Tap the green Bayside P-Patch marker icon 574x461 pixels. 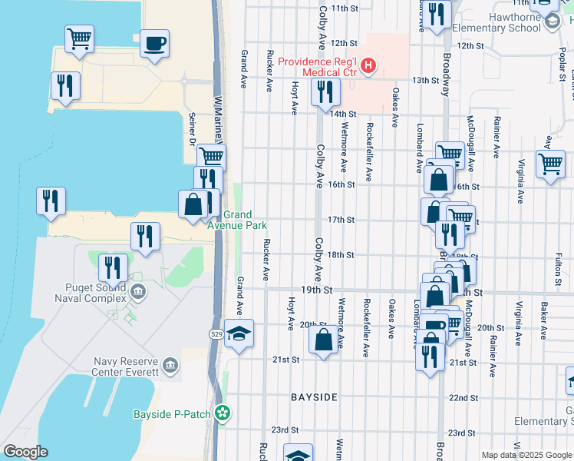tap(223, 413)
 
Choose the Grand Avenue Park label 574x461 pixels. tap(237, 220)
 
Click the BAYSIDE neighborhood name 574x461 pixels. tap(314, 397)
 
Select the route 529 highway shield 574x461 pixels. tap(218, 333)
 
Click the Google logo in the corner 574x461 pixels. tap(25, 452)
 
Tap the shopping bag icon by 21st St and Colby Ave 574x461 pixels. tap(324, 339)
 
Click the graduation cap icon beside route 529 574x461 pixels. tap(239, 333)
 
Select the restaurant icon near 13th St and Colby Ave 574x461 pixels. tap(325, 91)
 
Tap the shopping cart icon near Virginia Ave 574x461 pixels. tap(551, 164)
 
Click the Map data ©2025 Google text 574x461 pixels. tap(526, 455)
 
